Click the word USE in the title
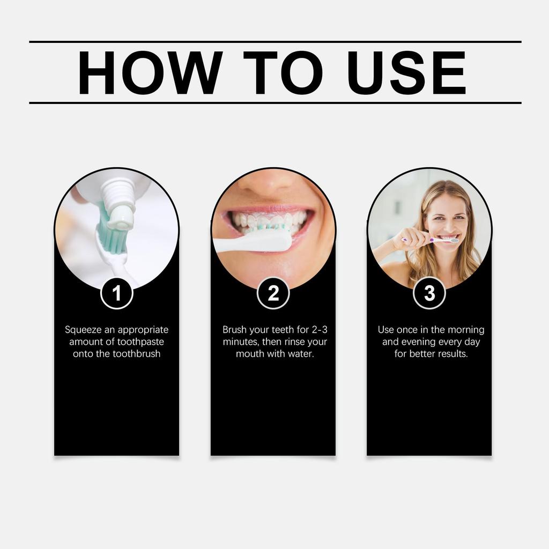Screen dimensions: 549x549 point(406,73)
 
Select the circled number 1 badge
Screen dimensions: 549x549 point(117,293)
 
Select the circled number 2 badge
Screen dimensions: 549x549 point(273,293)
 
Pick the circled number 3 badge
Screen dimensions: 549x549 point(429,293)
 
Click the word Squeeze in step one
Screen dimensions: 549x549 point(81,330)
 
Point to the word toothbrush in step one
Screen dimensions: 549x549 point(136,354)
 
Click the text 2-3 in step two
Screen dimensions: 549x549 point(320,330)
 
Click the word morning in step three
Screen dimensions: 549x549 point(465,330)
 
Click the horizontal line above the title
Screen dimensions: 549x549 point(274,41)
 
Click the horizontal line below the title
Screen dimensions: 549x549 point(274,102)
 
